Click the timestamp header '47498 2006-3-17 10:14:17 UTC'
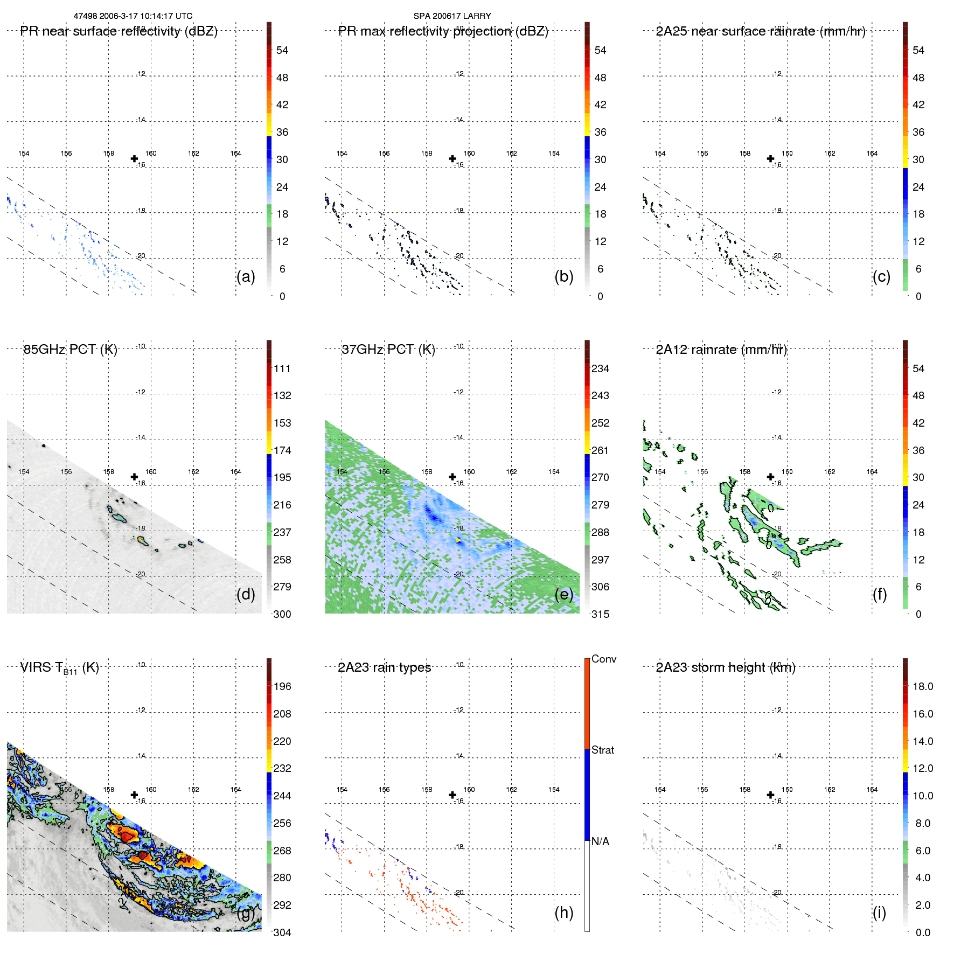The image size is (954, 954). pyautogui.click(x=133, y=16)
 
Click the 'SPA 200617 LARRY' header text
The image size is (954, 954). pyautogui.click(x=452, y=16)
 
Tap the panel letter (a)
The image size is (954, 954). pyautogui.click(x=246, y=276)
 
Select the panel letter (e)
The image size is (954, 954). pyautogui.click(x=563, y=594)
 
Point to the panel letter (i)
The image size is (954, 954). pyautogui.click(x=879, y=913)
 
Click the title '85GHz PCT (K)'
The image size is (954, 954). pyautogui.click(x=70, y=350)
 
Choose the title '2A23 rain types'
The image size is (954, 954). pyautogui.click(x=384, y=667)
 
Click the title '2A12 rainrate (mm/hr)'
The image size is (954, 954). pyautogui.click(x=721, y=350)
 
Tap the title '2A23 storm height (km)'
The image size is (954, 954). pyautogui.click(x=726, y=667)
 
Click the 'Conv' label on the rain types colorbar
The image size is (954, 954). pyautogui.click(x=603, y=659)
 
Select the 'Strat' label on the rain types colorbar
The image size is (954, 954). pyautogui.click(x=602, y=750)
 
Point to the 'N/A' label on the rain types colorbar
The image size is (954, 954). pyautogui.click(x=600, y=841)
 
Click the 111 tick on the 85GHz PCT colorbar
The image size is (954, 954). pyautogui.click(x=282, y=368)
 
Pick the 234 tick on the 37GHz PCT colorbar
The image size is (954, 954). pyautogui.click(x=600, y=368)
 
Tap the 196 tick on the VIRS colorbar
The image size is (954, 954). pyautogui.click(x=282, y=686)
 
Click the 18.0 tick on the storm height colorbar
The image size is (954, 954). pyautogui.click(x=922, y=686)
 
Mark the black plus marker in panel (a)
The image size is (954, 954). pyautogui.click(x=134, y=158)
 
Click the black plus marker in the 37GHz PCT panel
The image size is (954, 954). pyautogui.click(x=452, y=477)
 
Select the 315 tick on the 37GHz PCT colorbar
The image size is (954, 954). pyautogui.click(x=600, y=614)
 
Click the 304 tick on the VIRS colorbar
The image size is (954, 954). pyautogui.click(x=282, y=932)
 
